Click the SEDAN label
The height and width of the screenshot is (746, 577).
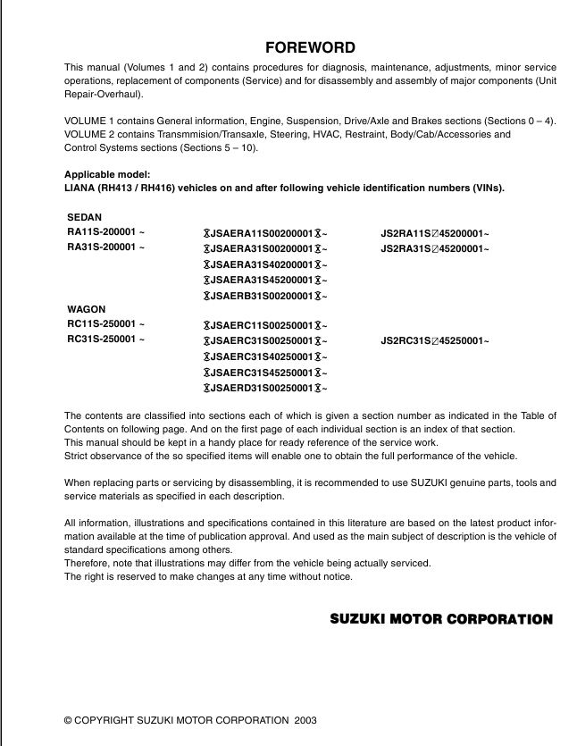pyautogui.click(x=85, y=217)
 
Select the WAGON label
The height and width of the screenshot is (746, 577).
pyautogui.click(x=87, y=310)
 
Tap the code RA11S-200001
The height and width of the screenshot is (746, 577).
pyautogui.click(x=105, y=232)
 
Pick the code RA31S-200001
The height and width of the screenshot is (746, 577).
pyautogui.click(x=105, y=247)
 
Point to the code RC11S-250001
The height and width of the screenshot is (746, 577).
pyautogui.click(x=105, y=325)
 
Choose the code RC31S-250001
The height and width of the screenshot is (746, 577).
pyautogui.click(x=105, y=340)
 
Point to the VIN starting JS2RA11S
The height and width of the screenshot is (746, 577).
pyautogui.click(x=435, y=233)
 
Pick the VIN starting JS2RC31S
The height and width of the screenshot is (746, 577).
pyautogui.click(x=435, y=341)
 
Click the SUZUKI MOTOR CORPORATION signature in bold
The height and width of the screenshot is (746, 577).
pyautogui.click(x=441, y=618)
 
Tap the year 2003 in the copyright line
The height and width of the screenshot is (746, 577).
pyautogui.click(x=304, y=719)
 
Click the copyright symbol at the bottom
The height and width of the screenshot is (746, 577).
pyautogui.click(x=68, y=719)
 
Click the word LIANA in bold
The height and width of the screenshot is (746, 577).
pyautogui.click(x=81, y=188)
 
